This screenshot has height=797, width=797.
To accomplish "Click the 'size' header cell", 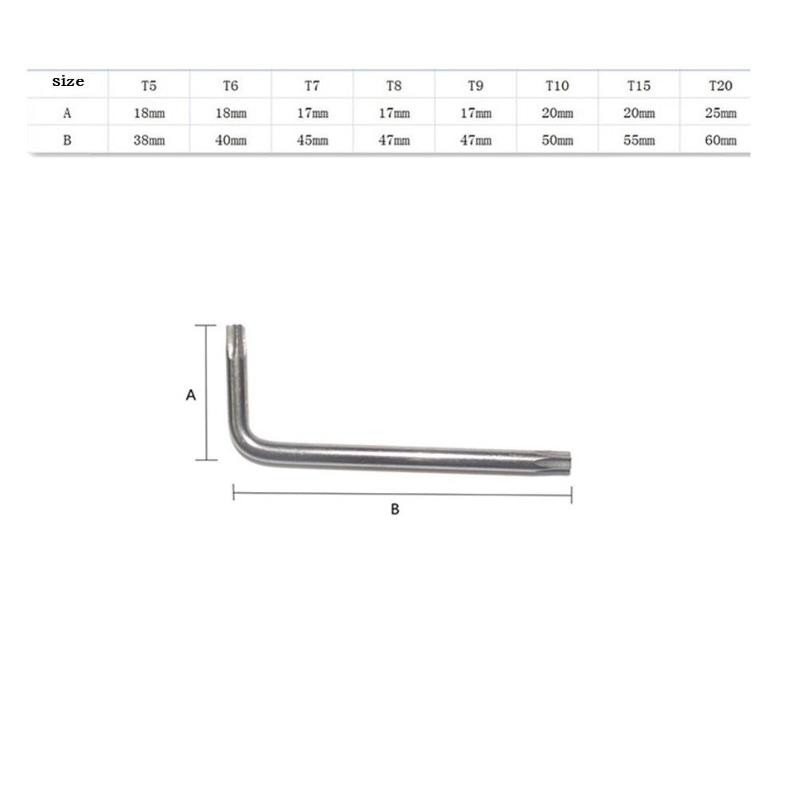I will click(x=68, y=82).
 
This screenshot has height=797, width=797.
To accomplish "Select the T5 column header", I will click(x=149, y=85).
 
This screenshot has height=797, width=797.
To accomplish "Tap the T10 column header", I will click(x=557, y=85).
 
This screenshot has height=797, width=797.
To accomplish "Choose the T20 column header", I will click(x=720, y=85).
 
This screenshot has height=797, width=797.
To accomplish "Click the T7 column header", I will click(x=312, y=85).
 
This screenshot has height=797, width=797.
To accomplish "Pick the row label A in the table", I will click(x=68, y=113).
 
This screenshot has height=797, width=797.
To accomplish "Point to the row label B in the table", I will click(x=68, y=140).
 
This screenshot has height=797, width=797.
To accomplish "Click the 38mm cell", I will click(x=149, y=141).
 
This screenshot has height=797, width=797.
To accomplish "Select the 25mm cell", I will click(x=720, y=113).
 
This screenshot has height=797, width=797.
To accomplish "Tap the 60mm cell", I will click(x=720, y=141).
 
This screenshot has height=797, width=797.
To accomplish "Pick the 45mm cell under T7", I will click(x=312, y=141).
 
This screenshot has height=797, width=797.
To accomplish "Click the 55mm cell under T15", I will click(x=639, y=141).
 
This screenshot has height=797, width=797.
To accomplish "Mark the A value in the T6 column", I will click(x=231, y=113).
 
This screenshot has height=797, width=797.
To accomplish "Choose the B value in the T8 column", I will click(x=394, y=141).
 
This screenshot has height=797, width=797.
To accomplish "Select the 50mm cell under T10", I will click(x=557, y=141).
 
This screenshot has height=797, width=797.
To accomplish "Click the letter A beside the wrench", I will click(x=190, y=394).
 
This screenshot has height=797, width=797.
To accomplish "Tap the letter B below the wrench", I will click(x=394, y=510).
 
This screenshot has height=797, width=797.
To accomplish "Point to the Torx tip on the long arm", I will click(x=564, y=459).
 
